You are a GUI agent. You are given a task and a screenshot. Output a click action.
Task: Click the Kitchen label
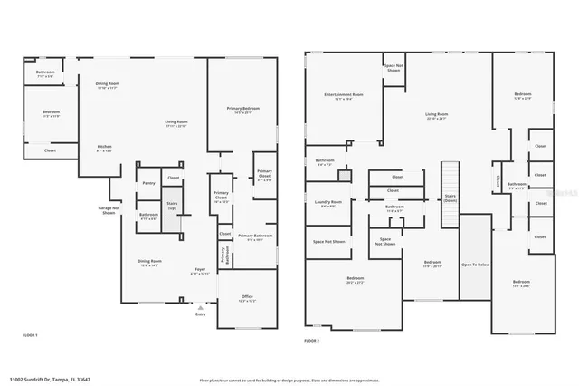click(105, 148)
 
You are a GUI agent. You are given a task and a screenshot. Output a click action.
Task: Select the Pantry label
click(148, 183)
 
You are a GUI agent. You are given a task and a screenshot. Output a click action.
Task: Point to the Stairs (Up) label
click(172, 206)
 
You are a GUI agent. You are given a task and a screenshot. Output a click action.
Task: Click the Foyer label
click(199, 270)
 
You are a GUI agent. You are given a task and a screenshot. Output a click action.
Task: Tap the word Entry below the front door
click(200, 315)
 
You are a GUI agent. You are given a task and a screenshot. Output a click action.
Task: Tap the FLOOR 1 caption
click(30, 335)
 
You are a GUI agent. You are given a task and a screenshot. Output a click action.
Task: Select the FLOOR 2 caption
click(312, 340)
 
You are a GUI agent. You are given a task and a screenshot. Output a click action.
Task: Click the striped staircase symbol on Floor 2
click(450, 177)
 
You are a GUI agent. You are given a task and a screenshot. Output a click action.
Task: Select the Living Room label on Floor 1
click(176, 122)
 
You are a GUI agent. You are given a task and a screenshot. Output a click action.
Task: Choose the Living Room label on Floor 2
click(437, 115)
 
